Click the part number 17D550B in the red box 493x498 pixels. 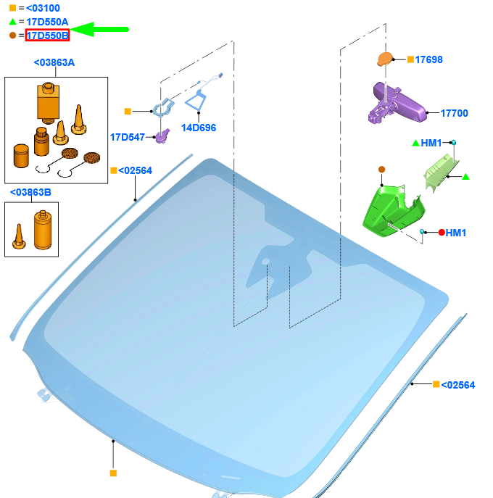point(47,36)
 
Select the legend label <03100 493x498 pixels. point(43,8)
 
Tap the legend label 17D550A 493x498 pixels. point(47,22)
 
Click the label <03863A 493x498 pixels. point(54,62)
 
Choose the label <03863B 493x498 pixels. point(30,192)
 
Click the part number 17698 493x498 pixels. point(428,59)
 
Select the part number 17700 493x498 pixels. point(455,113)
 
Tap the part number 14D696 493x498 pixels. point(199,128)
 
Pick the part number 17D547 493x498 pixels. point(128,137)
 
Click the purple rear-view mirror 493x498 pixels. point(397,103)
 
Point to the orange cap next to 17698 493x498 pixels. point(385,59)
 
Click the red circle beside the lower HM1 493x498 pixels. point(442,233)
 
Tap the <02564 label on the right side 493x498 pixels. point(457,385)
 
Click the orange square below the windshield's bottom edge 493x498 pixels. point(113,473)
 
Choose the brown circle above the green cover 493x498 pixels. point(382,170)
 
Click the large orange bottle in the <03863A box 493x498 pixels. point(48,103)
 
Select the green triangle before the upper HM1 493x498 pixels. point(415,144)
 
